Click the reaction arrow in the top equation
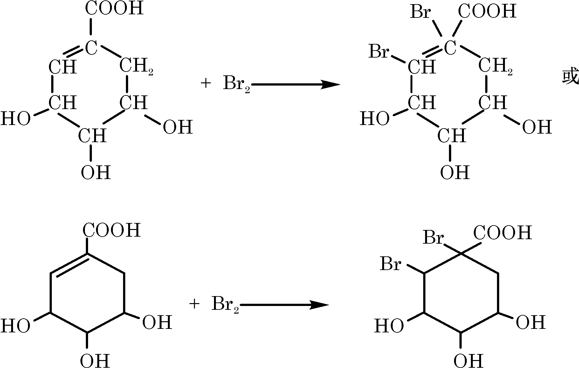[x=296, y=85]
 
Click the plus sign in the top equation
[x=206, y=84]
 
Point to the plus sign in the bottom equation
[x=194, y=304]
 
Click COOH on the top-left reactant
[x=114, y=9]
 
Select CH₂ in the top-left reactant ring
[x=136, y=67]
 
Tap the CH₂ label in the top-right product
[x=495, y=67]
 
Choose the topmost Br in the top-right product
[x=420, y=13]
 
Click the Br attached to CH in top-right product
[x=378, y=52]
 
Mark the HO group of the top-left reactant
[x=15, y=119]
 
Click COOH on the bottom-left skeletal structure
[x=112, y=230]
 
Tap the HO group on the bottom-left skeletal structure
[x=15, y=326]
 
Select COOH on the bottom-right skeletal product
[x=502, y=233]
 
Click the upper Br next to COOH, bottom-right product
[x=433, y=238]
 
